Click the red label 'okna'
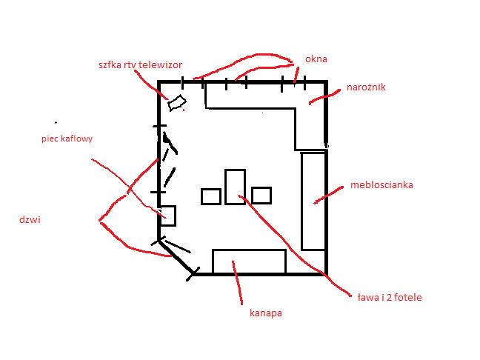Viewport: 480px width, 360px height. tap(316, 59)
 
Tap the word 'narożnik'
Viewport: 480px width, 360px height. tap(366, 87)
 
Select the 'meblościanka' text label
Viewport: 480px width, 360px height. tap(381, 185)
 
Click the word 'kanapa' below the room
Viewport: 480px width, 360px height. tap(266, 313)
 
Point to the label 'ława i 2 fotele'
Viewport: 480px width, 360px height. tap(389, 298)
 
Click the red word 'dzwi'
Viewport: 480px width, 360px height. tap(30, 220)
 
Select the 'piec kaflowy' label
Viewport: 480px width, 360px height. tap(67, 139)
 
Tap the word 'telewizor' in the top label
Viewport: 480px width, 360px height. tap(159, 64)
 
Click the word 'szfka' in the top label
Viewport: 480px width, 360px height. tap(110, 64)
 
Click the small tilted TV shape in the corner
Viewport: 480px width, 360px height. tap(176, 103)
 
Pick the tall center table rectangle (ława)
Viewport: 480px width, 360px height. tap(235, 186)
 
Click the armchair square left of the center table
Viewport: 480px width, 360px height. tap(211, 196)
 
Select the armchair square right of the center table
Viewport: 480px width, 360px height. tap(261, 195)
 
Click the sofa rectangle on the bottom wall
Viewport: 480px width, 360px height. tap(249, 261)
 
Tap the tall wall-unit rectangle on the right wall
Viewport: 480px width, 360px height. tap(313, 201)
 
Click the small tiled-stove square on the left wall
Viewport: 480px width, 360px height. tap(167, 215)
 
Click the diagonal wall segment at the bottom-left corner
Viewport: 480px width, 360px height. tap(176, 257)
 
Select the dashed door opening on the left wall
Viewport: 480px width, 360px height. tap(169, 159)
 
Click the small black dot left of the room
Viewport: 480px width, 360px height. tap(56, 121)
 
